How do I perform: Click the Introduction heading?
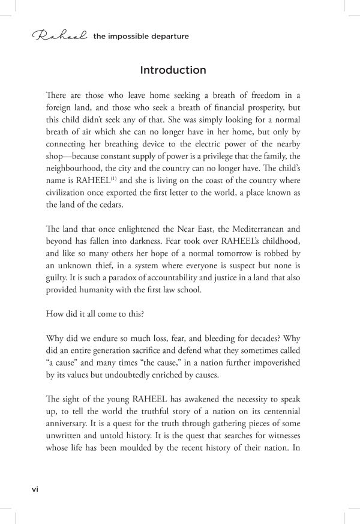[x=173, y=70]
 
